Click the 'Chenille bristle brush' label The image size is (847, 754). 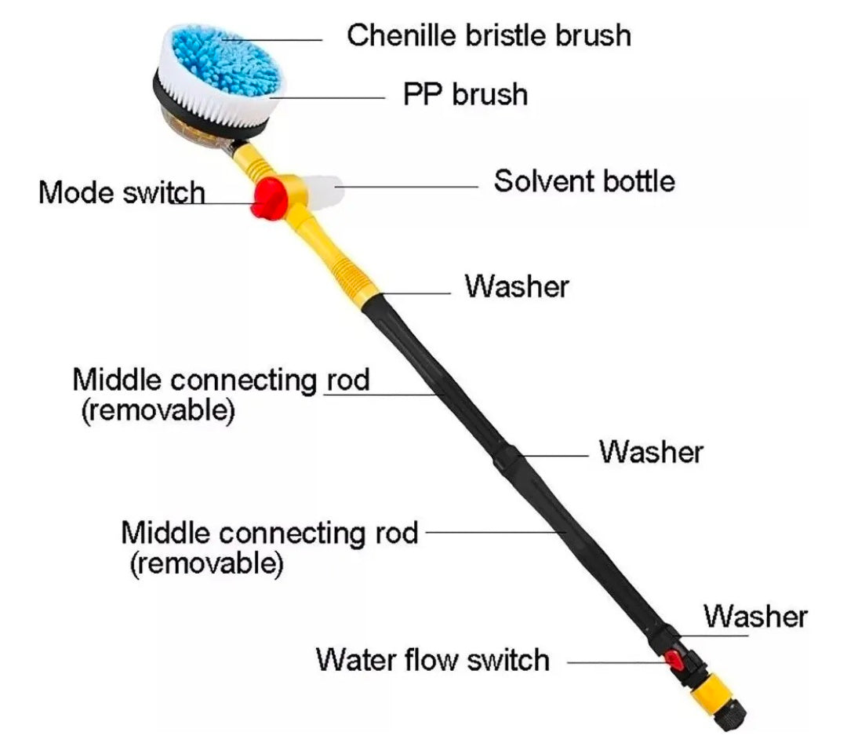tap(489, 35)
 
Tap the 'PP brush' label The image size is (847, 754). tap(465, 94)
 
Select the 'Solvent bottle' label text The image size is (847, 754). tap(583, 181)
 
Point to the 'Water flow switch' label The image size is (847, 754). tap(432, 660)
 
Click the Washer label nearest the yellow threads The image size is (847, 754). tap(516, 286)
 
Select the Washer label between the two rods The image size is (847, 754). tap(651, 452)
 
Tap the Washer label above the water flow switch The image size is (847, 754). tap(754, 616)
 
